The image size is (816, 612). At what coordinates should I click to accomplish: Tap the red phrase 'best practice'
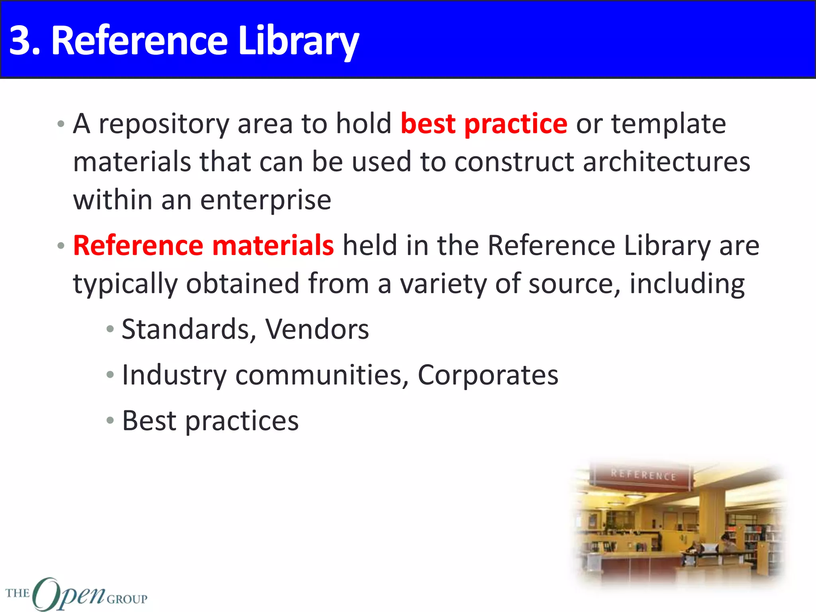point(483,124)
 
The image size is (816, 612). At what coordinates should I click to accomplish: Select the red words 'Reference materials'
point(203,245)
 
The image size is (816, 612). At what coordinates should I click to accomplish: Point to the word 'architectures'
point(666,162)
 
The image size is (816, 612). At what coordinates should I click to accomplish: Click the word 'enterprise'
point(265,200)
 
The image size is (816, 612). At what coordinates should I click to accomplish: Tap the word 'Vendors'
point(317,330)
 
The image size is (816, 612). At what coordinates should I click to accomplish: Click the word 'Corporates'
point(488,375)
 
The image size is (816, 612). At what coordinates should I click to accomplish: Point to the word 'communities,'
point(322,375)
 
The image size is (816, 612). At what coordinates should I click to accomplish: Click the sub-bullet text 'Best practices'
point(210,421)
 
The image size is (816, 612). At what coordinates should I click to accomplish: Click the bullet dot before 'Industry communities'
point(110,375)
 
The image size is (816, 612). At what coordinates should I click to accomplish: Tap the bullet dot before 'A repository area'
point(61,124)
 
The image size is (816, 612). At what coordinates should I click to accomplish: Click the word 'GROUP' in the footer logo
point(127,599)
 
